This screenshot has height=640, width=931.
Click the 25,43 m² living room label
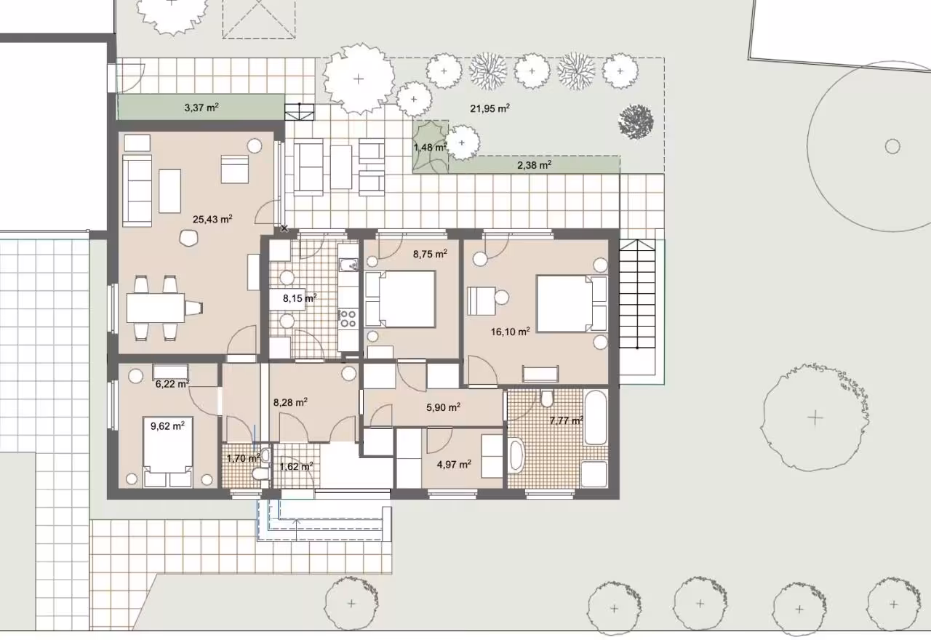212,219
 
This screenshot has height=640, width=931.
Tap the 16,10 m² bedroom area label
511,332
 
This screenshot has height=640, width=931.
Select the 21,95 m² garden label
490,108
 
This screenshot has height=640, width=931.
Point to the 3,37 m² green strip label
201,108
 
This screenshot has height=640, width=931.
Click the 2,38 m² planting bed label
535,165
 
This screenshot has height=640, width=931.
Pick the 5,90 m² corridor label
443,407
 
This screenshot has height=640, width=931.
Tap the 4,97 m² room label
454,464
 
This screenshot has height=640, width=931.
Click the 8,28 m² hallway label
290,402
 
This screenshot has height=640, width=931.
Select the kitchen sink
348,264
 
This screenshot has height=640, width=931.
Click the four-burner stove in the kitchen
348,319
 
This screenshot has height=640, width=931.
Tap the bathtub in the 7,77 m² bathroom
596,417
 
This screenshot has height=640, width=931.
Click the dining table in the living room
156,308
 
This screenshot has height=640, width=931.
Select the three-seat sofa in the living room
137,191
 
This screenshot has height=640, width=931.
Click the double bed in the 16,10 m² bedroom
572,304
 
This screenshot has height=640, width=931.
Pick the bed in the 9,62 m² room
168,452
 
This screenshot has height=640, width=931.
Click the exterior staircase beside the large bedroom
637,294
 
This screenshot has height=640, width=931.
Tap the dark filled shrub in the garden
636,121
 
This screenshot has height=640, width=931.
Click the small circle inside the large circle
892,146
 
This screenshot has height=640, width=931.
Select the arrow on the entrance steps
296,530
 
